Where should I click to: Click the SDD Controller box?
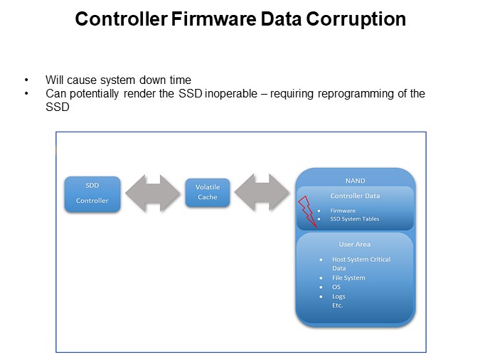(x=92, y=193)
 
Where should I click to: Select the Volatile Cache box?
(x=208, y=192)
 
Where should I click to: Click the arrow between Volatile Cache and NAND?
(x=262, y=192)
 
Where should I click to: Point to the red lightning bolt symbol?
(x=306, y=211)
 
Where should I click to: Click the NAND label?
(x=355, y=181)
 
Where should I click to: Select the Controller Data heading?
(x=355, y=196)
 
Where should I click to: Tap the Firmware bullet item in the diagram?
(x=343, y=211)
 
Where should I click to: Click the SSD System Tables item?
(x=355, y=219)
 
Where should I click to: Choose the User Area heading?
(x=355, y=245)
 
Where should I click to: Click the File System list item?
(x=348, y=278)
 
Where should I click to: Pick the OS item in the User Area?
(x=336, y=287)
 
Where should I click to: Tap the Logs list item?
(x=338, y=297)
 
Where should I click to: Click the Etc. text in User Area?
(x=337, y=305)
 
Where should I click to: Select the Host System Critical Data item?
(x=361, y=260)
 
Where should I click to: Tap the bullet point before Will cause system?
(x=27, y=80)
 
